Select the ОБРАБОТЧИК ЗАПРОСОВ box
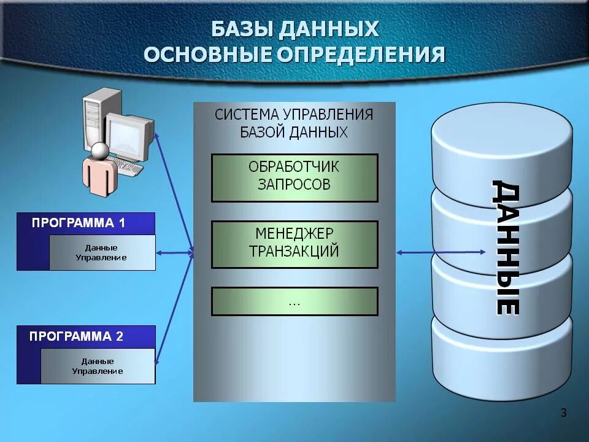tap(294, 177)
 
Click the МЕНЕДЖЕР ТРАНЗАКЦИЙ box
tap(294, 244)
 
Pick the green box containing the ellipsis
tap(294, 301)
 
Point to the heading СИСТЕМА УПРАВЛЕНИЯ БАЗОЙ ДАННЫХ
tap(294, 123)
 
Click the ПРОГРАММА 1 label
tap(79, 223)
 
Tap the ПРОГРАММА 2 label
tap(77, 336)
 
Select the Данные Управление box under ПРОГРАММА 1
tap(101, 252)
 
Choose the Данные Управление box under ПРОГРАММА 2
tap(98, 366)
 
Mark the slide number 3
tap(564, 413)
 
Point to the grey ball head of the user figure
tap(100, 150)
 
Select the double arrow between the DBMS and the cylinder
tap(441, 252)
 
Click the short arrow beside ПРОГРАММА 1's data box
tap(175, 252)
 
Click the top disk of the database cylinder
tap(501, 147)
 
